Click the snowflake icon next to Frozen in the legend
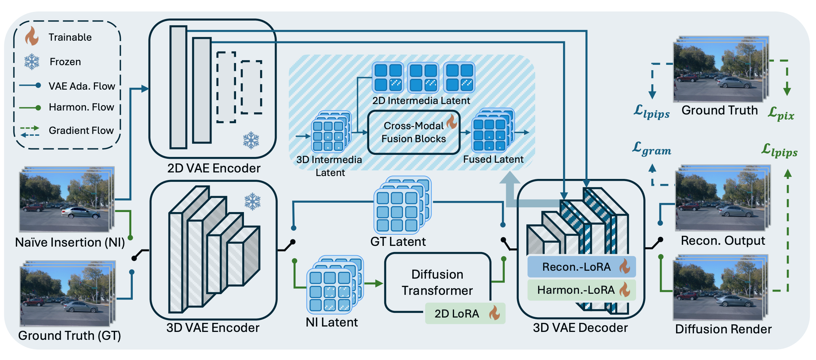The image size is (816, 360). tap(32, 62)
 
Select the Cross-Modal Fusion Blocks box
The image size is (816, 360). tap(414, 132)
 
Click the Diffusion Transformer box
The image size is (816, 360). tap(437, 282)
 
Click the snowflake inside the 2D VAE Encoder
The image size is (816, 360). tap(251, 140)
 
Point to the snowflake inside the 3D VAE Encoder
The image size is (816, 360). tap(253, 202)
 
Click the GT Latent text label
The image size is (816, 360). tap(398, 242)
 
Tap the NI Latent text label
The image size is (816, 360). tap(332, 322)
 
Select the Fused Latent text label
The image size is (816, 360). tap(493, 159)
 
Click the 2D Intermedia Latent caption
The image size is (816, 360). tap(421, 100)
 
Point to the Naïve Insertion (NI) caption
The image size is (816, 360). tap(70, 242)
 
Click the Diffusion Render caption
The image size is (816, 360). tap(723, 329)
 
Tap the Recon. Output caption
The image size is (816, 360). tap(723, 240)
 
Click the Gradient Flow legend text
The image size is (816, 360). tap(81, 130)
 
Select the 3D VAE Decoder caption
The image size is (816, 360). tap(580, 328)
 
